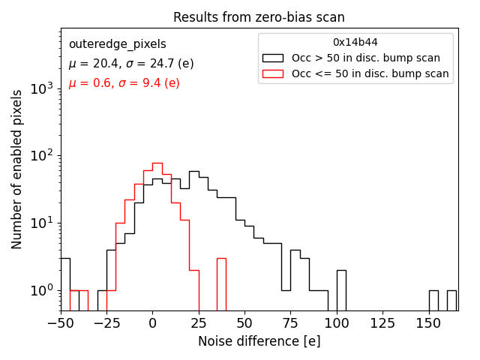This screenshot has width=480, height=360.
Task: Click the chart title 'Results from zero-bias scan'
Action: point(259,17)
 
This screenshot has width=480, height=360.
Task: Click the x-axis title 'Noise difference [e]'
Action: point(259,341)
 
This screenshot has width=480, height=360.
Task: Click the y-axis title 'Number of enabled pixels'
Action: point(17,169)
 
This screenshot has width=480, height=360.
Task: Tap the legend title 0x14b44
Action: point(355,42)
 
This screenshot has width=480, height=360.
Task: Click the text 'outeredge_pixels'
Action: point(117,44)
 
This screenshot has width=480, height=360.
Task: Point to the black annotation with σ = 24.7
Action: point(130,64)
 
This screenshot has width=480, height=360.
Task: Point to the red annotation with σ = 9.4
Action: point(124,83)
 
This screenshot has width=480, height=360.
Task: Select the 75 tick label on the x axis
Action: point(291,323)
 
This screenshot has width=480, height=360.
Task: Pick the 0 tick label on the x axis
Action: point(152,323)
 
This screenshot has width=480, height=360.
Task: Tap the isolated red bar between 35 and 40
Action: point(221,284)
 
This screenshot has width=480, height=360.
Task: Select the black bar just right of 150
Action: point(433,300)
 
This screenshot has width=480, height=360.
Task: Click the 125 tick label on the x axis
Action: point(382,323)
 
